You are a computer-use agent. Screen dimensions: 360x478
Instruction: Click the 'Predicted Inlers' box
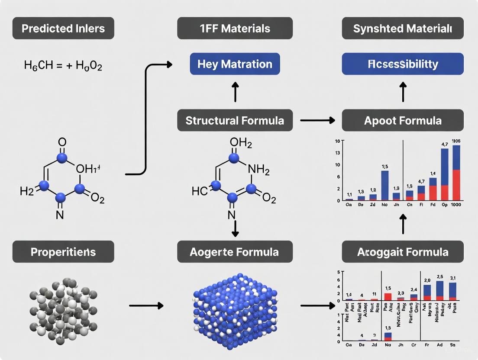[63, 29]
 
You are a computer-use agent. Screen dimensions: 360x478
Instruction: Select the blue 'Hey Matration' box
[235, 64]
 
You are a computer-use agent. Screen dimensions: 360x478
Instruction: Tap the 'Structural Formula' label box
[235, 120]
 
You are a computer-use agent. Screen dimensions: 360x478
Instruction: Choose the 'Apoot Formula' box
[403, 120]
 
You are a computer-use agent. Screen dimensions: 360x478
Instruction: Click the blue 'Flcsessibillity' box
[403, 64]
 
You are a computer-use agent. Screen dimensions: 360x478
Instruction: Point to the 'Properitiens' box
[63, 252]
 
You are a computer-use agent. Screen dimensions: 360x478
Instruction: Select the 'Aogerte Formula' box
[235, 252]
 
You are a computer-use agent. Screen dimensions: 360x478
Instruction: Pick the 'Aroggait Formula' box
[403, 252]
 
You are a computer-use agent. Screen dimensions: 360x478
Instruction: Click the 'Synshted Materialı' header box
[403, 29]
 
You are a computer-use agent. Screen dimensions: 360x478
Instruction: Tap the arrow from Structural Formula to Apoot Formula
[317, 120]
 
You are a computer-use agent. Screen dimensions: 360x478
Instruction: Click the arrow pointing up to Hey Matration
[235, 92]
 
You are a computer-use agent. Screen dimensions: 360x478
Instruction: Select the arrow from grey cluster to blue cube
[146, 305]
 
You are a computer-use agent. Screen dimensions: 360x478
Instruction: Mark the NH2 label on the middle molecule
[258, 170]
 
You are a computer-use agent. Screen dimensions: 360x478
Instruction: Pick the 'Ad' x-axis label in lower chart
[440, 345]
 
